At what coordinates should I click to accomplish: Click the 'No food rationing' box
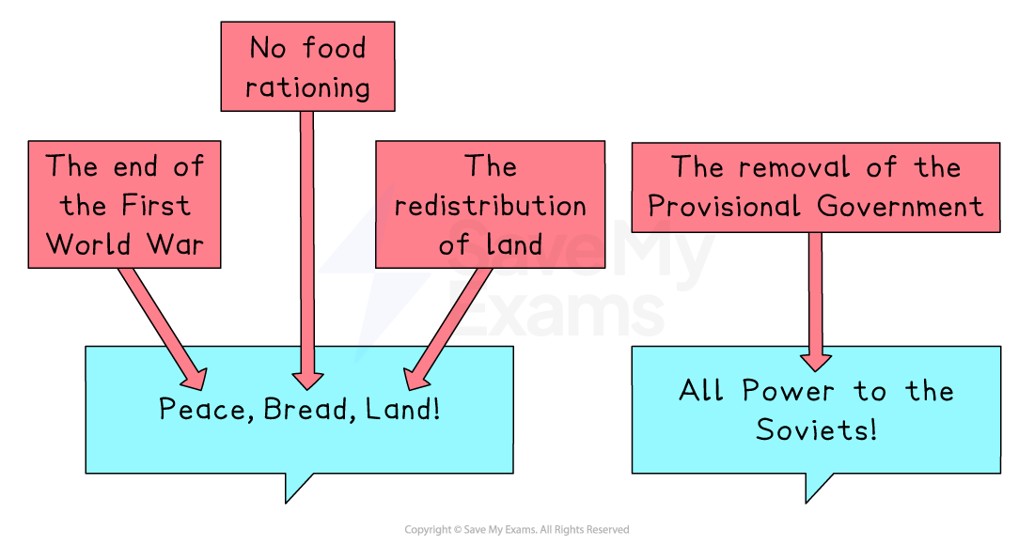point(307,67)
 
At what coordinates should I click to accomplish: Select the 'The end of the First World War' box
point(124,205)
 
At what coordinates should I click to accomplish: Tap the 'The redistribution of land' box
point(490,205)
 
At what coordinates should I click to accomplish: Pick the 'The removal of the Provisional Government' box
point(815,187)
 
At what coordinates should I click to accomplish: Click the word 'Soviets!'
point(816,430)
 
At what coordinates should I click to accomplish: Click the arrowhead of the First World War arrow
point(193,377)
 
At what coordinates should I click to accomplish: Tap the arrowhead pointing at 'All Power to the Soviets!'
point(815,360)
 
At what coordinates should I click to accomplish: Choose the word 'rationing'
point(307,87)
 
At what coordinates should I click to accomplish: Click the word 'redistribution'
point(490,206)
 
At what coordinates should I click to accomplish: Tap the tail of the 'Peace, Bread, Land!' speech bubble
point(295,483)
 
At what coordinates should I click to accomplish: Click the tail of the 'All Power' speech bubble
point(816,483)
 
